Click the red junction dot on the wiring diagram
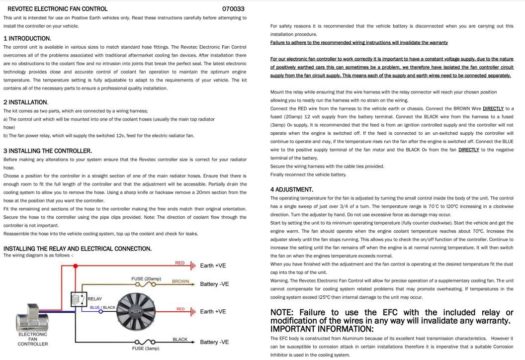pyautogui.click(x=75, y=266)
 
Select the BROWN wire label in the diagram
pyautogui.click(x=180, y=281)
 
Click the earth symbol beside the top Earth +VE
pyautogui.click(x=193, y=266)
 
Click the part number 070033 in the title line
pyautogui.click(x=233, y=8)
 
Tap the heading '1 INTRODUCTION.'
pyautogui.click(x=27, y=38)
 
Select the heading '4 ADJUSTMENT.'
pyautogui.click(x=291, y=189)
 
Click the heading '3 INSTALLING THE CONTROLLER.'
pyautogui.click(x=47, y=151)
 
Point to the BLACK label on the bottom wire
pyautogui.click(x=180, y=339)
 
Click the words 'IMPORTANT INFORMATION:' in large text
pyautogui.click(x=322, y=329)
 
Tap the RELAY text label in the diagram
pyautogui.click(x=94, y=299)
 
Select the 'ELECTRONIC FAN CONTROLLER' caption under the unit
pyautogui.click(x=33, y=339)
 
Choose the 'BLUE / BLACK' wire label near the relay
pyautogui.click(x=102, y=307)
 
